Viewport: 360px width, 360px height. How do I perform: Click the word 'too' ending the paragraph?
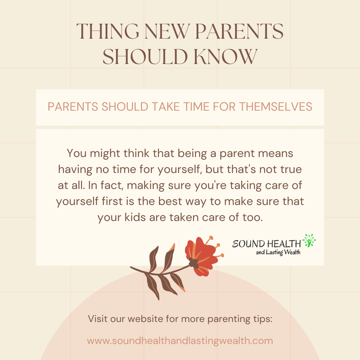253,217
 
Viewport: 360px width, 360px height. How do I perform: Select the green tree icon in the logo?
309,240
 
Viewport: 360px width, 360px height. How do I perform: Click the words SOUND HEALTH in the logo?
266,244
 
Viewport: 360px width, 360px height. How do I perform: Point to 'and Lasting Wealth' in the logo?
278,252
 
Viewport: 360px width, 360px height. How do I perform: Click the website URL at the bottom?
180,341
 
